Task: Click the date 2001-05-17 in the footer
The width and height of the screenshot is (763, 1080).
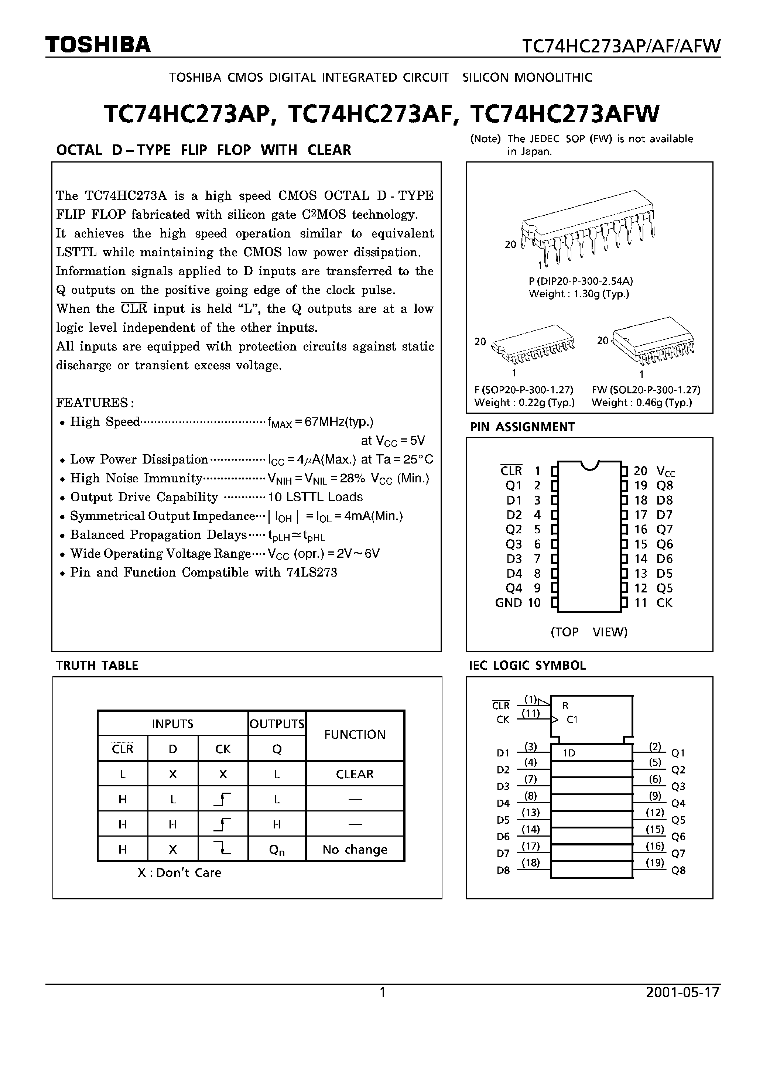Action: (x=682, y=992)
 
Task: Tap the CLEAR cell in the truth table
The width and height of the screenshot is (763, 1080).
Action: (x=355, y=774)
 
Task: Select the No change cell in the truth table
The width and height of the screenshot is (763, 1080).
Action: (x=355, y=850)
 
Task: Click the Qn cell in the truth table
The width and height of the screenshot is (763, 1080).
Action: (x=277, y=850)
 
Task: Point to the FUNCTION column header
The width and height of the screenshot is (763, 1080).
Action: (x=355, y=734)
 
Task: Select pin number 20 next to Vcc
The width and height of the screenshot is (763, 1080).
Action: (x=641, y=471)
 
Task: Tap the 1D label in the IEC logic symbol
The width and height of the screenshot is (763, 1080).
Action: (x=569, y=753)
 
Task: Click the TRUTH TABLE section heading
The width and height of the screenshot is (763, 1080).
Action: (x=97, y=666)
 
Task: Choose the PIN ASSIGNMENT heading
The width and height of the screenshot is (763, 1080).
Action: (x=523, y=427)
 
